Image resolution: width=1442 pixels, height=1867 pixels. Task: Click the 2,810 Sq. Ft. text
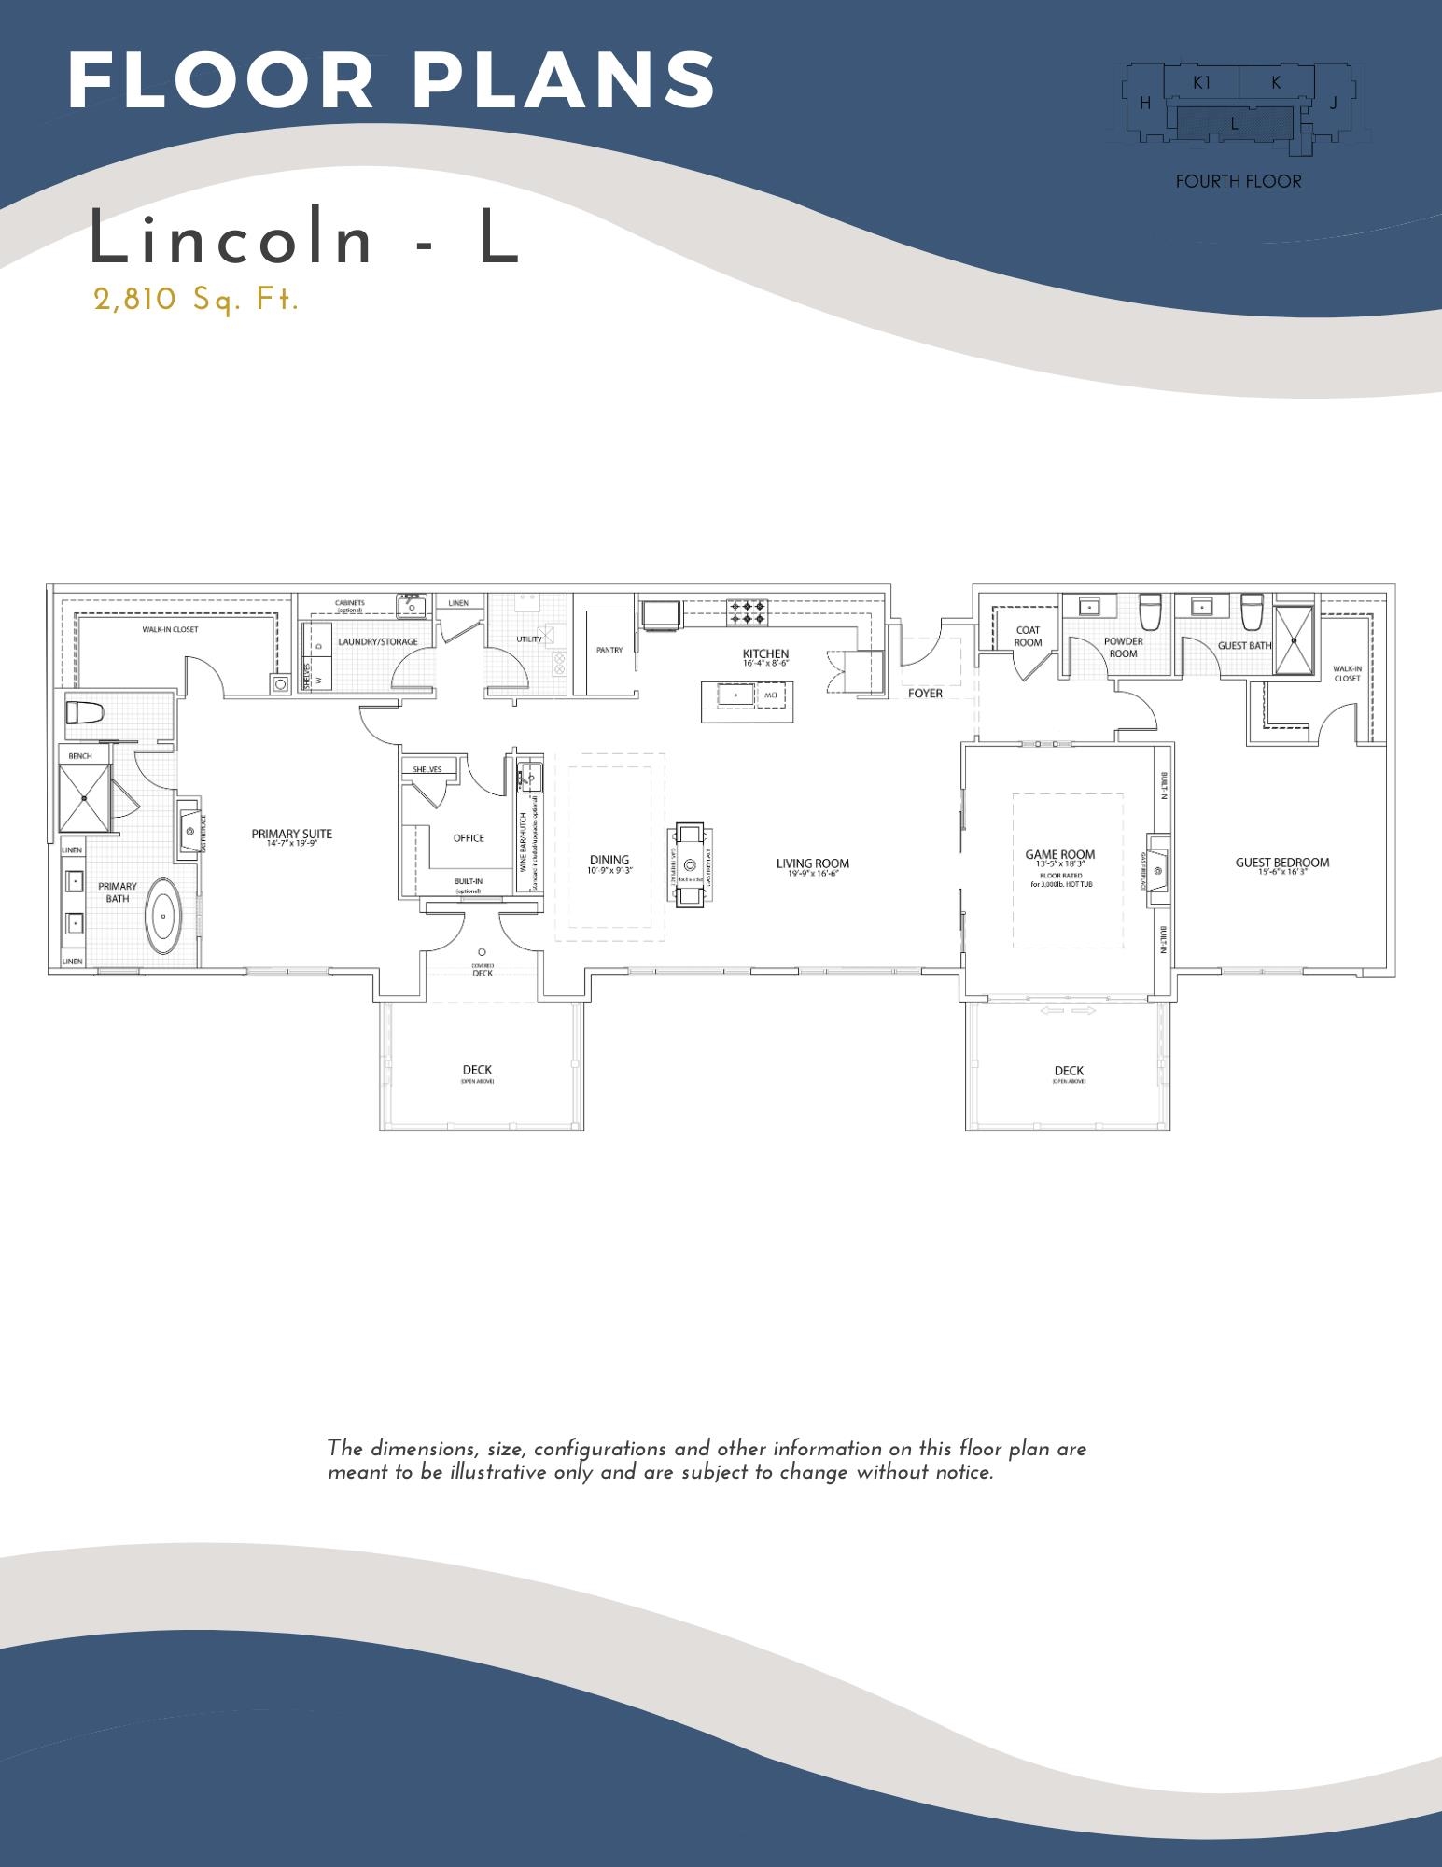point(196,300)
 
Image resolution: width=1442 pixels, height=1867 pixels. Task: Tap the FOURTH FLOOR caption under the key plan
point(1238,182)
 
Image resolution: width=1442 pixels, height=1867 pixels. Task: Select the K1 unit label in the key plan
point(1201,82)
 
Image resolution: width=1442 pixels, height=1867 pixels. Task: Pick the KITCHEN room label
point(765,654)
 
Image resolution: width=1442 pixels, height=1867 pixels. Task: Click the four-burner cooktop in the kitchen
point(747,611)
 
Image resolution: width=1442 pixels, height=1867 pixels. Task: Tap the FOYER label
point(925,694)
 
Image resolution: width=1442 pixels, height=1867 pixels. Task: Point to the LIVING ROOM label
point(812,863)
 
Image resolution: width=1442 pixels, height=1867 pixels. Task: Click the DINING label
point(609,860)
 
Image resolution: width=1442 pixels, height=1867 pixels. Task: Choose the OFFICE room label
point(469,837)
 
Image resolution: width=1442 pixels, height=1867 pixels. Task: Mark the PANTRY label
point(609,650)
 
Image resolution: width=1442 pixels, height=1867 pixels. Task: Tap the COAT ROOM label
point(1028,637)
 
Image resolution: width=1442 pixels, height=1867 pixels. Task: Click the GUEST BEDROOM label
point(1281,863)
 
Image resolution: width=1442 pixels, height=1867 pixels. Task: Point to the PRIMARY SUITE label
point(291,835)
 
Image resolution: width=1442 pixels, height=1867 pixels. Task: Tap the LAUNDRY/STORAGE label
point(377,642)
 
